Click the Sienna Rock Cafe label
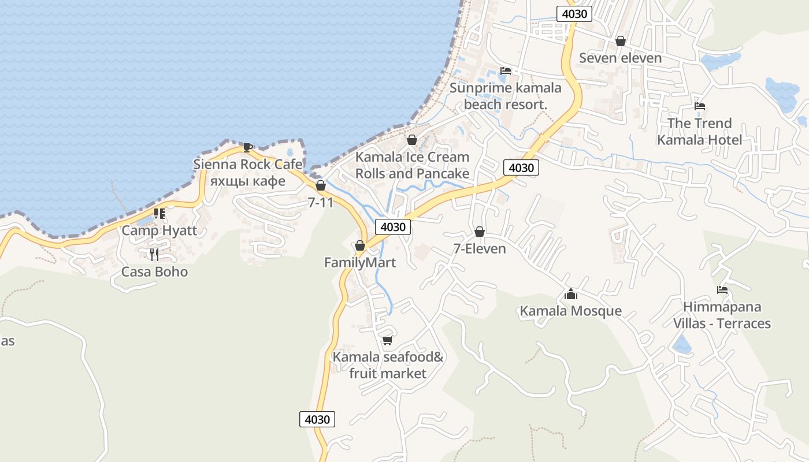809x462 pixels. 247,165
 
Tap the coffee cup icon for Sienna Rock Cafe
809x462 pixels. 247,147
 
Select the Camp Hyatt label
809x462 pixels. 159,231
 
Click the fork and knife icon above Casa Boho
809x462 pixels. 154,254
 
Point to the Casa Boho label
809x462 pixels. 154,271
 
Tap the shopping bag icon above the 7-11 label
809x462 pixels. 321,185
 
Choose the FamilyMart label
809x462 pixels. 360,263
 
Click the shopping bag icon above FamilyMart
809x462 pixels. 360,245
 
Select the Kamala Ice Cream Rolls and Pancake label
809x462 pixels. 412,165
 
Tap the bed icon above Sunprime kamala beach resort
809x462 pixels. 506,71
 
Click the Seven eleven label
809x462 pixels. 620,58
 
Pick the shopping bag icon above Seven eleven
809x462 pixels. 621,40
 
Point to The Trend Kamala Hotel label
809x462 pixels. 699,131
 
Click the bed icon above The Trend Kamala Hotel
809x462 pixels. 700,106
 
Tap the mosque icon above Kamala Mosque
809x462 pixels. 571,294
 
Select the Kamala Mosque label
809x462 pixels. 571,311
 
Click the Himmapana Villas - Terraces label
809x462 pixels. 722,315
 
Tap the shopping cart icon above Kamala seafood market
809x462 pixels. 387,340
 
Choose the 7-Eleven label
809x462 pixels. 479,248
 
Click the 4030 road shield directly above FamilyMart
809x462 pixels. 393,227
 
